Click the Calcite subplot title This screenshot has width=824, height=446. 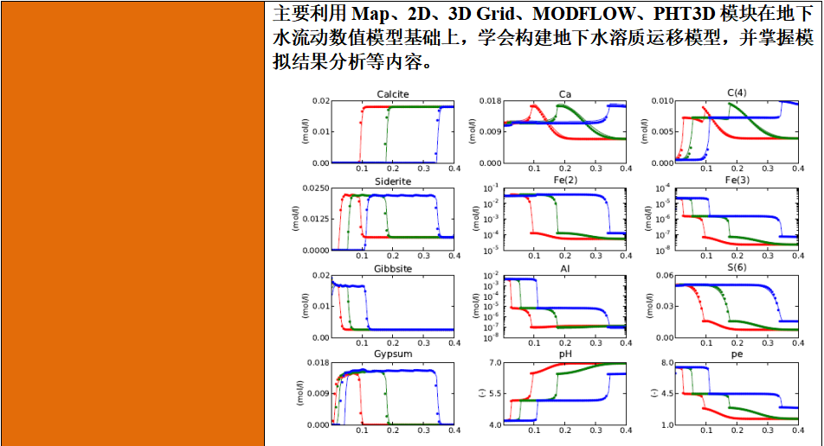pyautogui.click(x=393, y=93)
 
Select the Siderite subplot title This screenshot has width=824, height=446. pyautogui.click(x=393, y=181)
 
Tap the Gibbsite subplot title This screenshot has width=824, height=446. pyautogui.click(x=393, y=269)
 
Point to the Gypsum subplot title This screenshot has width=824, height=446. pyautogui.click(x=393, y=354)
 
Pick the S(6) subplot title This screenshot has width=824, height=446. pyautogui.click(x=737, y=268)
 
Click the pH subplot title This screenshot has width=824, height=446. pyautogui.click(x=564, y=354)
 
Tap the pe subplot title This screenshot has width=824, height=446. pyautogui.click(x=737, y=354)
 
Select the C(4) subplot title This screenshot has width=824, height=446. pyautogui.click(x=737, y=93)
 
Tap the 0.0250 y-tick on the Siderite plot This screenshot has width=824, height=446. pyautogui.click(x=316, y=188)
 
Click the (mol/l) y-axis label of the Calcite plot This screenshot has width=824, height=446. pyautogui.click(x=306, y=131)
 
